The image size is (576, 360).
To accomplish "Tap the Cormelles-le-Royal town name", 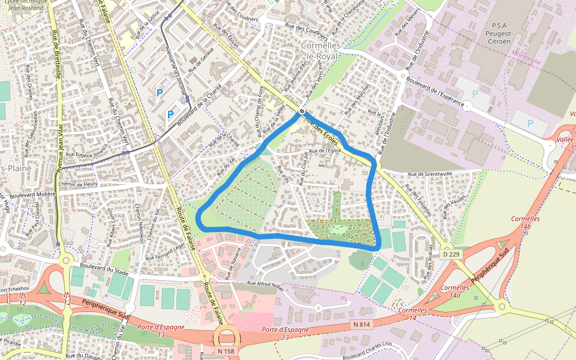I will (x=322, y=50).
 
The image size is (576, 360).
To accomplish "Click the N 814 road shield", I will (x=361, y=325).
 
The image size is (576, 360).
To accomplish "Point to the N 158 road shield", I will (x=226, y=351).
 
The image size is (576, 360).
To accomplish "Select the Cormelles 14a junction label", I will (x=454, y=292).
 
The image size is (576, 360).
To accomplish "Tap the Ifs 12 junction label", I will (x=23, y=298).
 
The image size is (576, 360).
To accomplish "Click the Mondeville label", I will (x=526, y=61).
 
